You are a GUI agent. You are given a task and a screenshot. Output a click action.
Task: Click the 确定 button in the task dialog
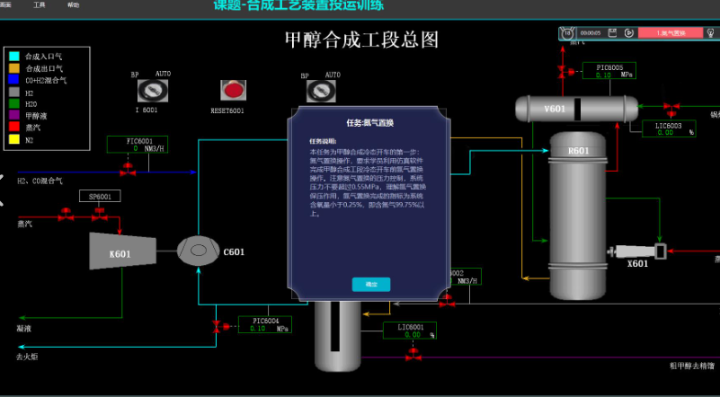(x=371, y=284)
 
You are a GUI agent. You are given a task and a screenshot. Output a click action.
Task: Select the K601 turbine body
(x=121, y=252)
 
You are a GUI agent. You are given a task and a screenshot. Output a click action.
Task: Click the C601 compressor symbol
(x=199, y=251)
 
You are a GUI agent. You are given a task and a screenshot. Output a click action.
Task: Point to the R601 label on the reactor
(x=578, y=151)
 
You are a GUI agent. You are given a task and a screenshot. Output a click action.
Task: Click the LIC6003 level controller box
(x=669, y=128)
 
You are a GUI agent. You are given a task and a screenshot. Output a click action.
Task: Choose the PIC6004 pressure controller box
(x=265, y=323)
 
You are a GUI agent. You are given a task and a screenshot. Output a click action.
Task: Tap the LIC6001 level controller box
(x=410, y=330)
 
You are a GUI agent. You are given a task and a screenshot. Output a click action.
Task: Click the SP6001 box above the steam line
(x=100, y=196)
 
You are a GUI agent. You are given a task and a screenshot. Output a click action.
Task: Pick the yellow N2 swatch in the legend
(x=13, y=139)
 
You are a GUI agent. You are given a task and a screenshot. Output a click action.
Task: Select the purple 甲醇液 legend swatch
(x=13, y=116)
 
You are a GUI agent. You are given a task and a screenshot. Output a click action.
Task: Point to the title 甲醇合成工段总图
(x=361, y=40)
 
